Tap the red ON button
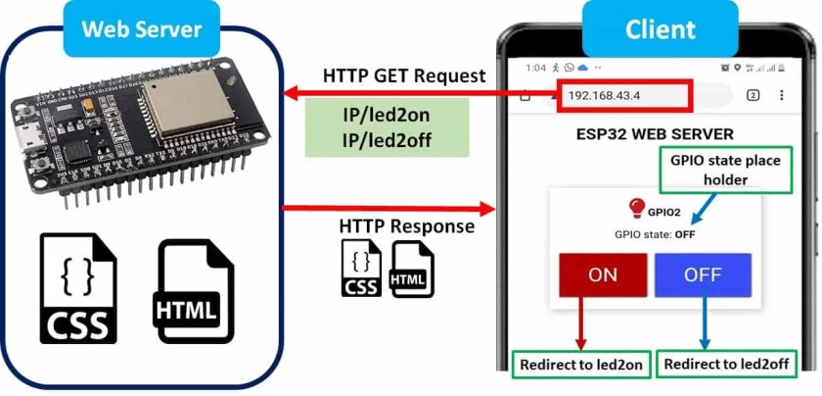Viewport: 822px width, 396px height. tap(603, 275)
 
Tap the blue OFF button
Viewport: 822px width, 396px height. tap(703, 275)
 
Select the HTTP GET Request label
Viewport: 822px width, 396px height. tap(403, 75)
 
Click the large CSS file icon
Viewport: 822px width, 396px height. tap(78, 288)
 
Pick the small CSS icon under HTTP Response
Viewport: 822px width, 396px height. tap(362, 269)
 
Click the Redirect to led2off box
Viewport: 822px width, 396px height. tap(726, 364)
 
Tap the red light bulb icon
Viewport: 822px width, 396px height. tap(637, 208)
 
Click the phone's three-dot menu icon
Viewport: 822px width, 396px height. tap(781, 95)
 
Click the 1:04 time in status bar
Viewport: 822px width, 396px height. tap(535, 68)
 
